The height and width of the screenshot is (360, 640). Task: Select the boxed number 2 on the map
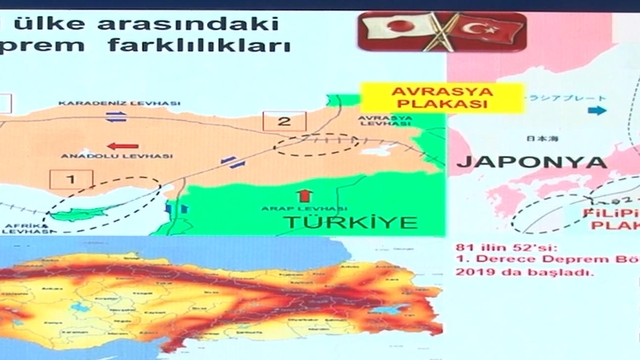[x=284, y=122]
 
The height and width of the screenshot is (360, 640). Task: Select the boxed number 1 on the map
[x=70, y=180]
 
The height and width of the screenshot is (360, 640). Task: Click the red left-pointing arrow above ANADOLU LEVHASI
[x=123, y=144]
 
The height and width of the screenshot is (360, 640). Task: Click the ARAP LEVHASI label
[x=306, y=210]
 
